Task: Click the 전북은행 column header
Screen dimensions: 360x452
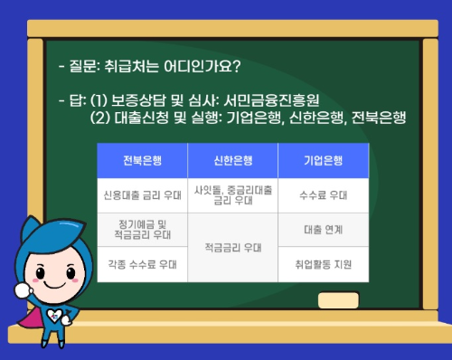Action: coord(142,160)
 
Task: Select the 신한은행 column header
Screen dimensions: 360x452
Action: coord(232,160)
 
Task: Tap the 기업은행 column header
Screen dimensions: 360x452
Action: coord(323,160)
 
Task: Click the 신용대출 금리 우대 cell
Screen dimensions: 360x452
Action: coord(142,194)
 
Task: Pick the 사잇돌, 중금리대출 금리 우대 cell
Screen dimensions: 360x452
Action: coord(232,194)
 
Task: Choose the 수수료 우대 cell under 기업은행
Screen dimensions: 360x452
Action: coord(323,194)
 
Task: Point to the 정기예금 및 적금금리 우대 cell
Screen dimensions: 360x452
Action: coord(142,229)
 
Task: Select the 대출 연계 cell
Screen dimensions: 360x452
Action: coord(323,230)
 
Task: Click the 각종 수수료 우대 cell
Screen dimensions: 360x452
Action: coord(142,264)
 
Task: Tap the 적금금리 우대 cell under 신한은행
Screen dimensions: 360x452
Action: coord(232,247)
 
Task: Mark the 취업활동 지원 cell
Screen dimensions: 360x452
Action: coord(323,264)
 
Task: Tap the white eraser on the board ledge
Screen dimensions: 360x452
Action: coord(338,299)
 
